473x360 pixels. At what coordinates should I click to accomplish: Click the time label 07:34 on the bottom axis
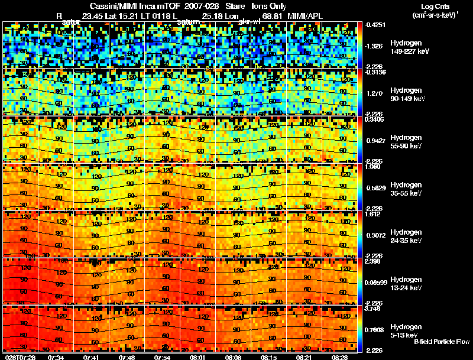point(56,357)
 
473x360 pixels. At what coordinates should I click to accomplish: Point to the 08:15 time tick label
point(268,357)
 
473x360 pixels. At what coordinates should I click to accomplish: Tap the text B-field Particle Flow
point(442,342)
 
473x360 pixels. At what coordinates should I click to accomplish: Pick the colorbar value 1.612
point(372,214)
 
